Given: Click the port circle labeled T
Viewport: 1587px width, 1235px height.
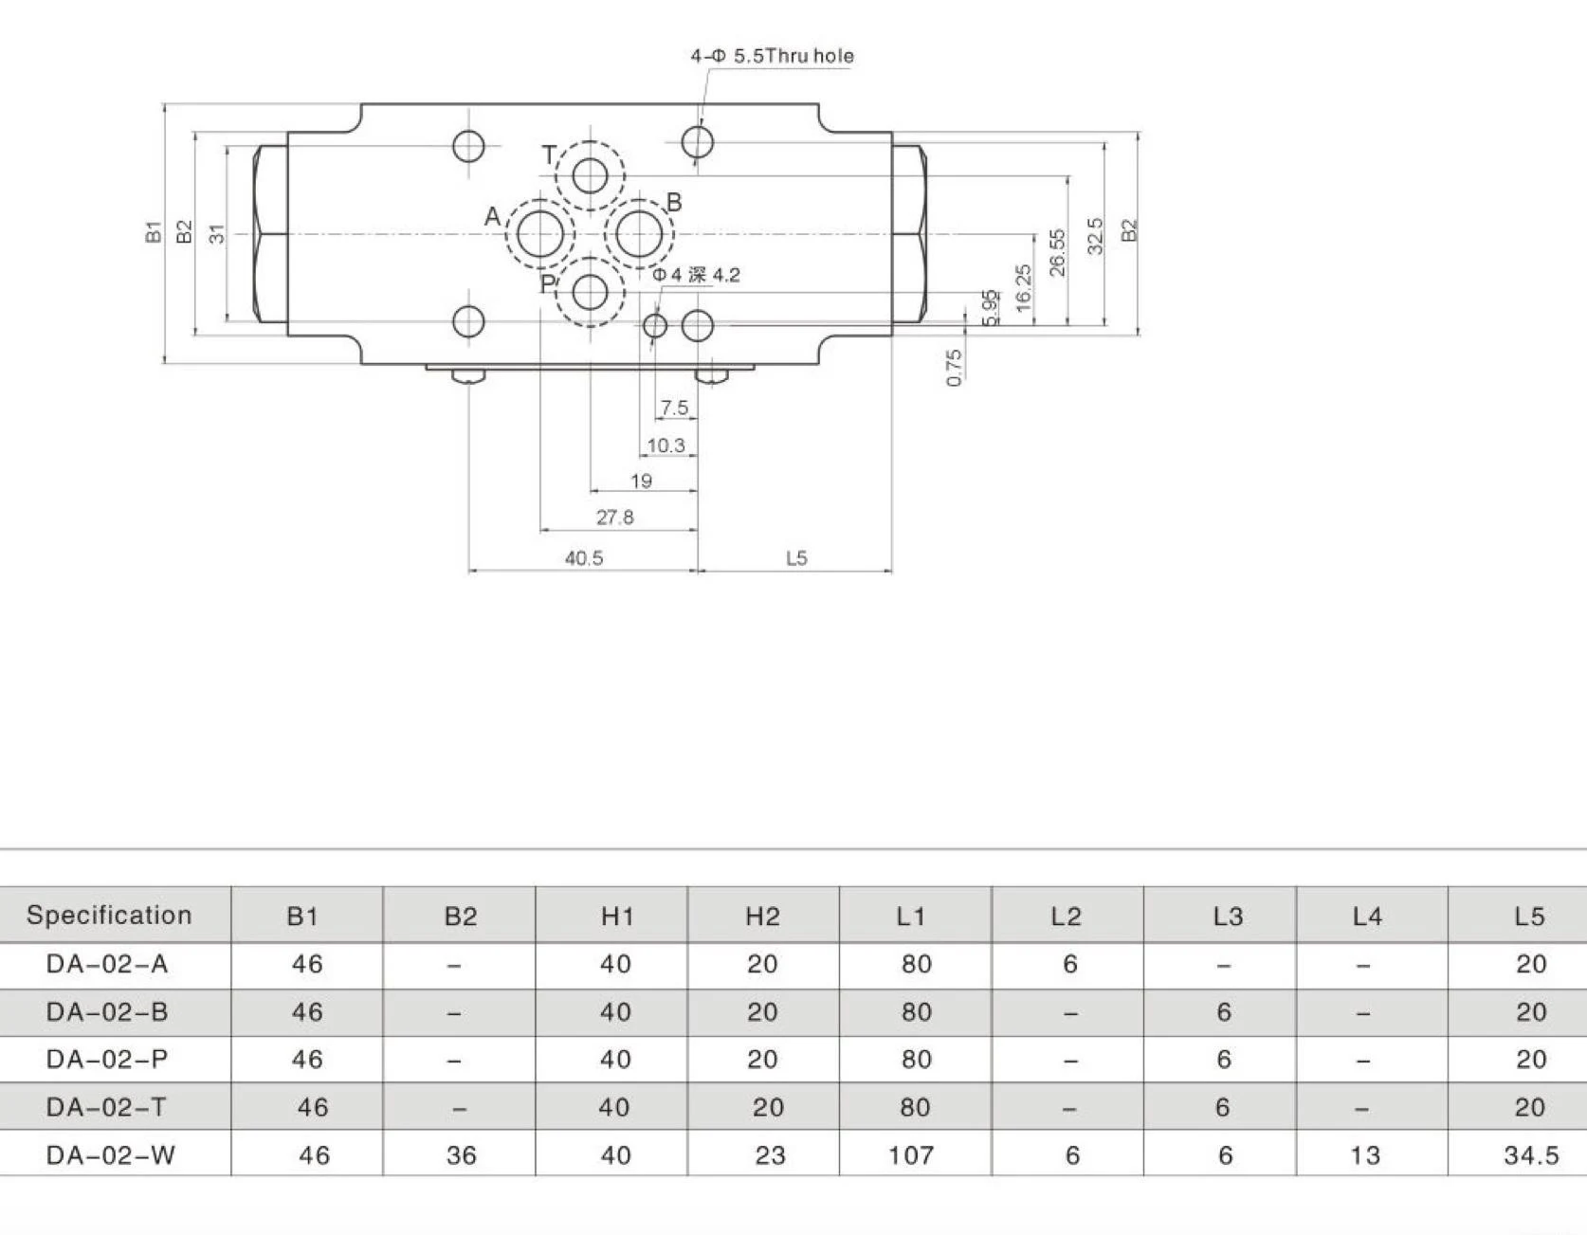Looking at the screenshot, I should click(x=590, y=175).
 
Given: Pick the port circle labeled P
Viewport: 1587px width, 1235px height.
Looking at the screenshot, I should click(x=590, y=292).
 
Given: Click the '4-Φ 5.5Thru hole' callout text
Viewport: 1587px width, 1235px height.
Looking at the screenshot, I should click(x=772, y=56).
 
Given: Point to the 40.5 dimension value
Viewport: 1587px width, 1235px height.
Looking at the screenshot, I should click(x=584, y=558).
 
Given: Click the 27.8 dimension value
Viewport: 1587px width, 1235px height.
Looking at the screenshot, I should click(x=614, y=518).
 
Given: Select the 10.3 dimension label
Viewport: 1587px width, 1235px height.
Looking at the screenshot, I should click(x=666, y=445).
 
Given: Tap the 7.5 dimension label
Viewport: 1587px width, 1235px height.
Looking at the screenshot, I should click(x=674, y=409).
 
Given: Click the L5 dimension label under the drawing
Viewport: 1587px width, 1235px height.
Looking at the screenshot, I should click(x=796, y=558).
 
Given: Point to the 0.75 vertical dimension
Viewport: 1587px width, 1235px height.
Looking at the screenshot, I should click(x=955, y=368).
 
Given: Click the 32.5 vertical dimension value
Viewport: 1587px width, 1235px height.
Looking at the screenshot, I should click(x=1095, y=236).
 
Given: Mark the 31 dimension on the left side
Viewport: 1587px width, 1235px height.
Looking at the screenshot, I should click(x=217, y=233).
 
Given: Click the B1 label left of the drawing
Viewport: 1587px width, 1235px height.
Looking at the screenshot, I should click(x=154, y=231).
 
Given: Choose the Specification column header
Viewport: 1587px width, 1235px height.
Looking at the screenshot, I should click(x=109, y=915).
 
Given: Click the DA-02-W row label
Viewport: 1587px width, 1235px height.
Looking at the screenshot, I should click(x=110, y=1155).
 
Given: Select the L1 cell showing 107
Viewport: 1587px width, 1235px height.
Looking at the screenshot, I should click(x=911, y=1155).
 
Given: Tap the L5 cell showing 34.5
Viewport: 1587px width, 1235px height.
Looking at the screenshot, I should click(x=1531, y=1155).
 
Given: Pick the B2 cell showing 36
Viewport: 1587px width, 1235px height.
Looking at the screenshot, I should click(x=461, y=1155).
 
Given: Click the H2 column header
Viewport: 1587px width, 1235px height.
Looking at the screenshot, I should click(x=762, y=916).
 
